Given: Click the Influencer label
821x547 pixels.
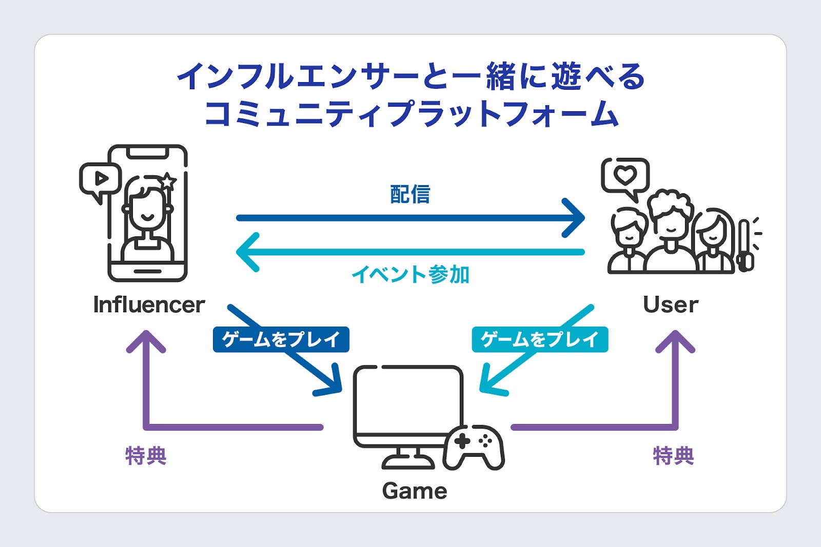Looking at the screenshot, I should pyautogui.click(x=149, y=305).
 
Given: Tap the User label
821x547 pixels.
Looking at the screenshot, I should pyautogui.click(x=670, y=305).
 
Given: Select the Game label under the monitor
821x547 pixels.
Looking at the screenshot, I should pyautogui.click(x=415, y=491).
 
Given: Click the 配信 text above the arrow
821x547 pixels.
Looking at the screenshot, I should pyautogui.click(x=410, y=195).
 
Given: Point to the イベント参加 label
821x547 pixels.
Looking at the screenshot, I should pyautogui.click(x=411, y=275).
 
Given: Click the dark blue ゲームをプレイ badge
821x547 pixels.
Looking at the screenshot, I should pyautogui.click(x=281, y=339).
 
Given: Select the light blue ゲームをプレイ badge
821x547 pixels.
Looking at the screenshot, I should pyautogui.click(x=540, y=339).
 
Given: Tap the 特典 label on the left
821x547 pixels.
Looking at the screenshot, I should pyautogui.click(x=146, y=456).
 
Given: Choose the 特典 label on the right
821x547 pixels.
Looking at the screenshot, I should pyautogui.click(x=673, y=456).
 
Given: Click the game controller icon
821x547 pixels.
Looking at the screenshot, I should pyautogui.click(x=473, y=447).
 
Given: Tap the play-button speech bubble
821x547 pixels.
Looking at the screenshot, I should pyautogui.click(x=101, y=179).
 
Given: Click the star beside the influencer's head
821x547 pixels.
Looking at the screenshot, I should pyautogui.click(x=167, y=181).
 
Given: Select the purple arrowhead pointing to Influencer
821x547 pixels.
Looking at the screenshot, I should pyautogui.click(x=146, y=341).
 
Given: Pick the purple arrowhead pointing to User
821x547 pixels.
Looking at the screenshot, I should pyautogui.click(x=675, y=341).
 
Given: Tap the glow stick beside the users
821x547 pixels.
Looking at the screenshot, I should pyautogui.click(x=746, y=246).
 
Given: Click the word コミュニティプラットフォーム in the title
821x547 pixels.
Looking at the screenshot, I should pyautogui.click(x=411, y=114).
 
